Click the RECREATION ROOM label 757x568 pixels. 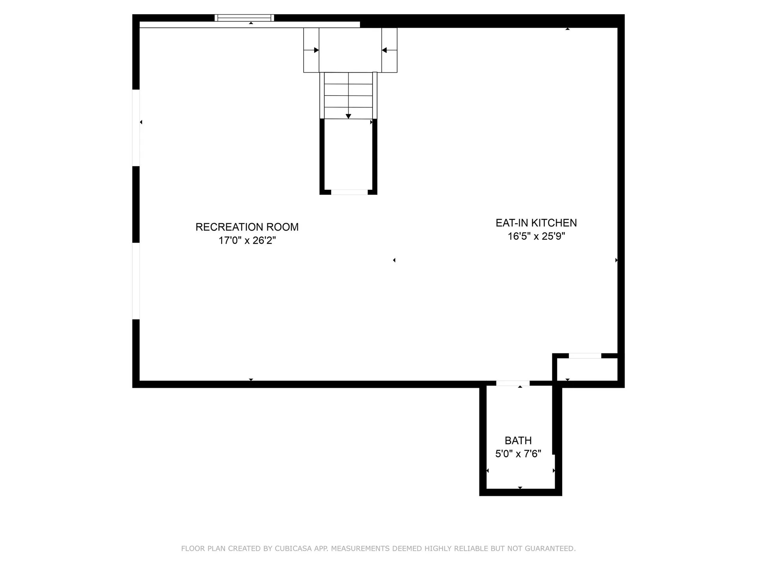tap(247, 227)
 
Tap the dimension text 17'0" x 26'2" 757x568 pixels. tap(247, 241)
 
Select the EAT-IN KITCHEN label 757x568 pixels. tap(536, 223)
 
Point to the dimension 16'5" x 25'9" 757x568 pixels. tap(536, 236)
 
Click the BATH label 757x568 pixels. tap(518, 441)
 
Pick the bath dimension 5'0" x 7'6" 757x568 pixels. tap(518, 454)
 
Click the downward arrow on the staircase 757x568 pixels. tap(348, 116)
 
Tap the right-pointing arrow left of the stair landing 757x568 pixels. tap(316, 50)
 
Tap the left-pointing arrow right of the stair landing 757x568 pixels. tap(384, 50)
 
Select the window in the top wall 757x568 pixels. tap(244, 18)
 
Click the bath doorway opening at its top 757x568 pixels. tap(513, 383)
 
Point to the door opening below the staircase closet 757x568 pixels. tap(349, 192)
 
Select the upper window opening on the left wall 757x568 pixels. tap(136, 128)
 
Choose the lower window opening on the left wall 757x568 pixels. tap(136, 281)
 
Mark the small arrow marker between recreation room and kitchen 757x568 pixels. tap(394, 260)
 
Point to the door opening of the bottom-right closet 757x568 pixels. tap(585, 356)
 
